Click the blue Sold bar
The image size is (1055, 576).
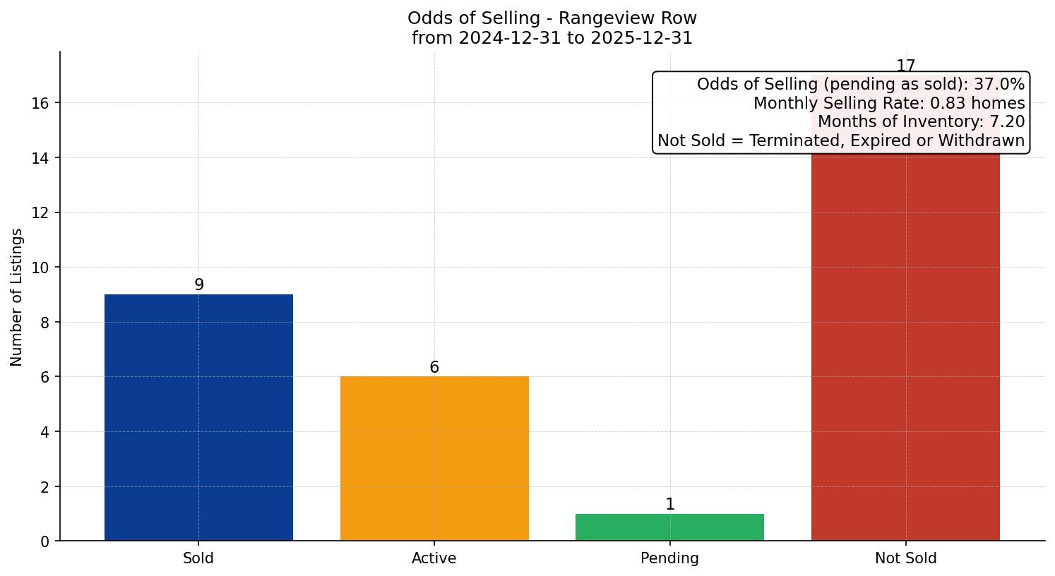pyautogui.click(x=198, y=417)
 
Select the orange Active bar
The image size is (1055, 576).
pyautogui.click(x=434, y=458)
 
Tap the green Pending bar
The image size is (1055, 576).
pyautogui.click(x=669, y=527)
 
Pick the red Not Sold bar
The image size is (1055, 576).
pyautogui.click(x=905, y=346)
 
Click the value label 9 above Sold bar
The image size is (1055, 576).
pyautogui.click(x=199, y=284)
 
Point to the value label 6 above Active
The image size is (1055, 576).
pyautogui.click(x=434, y=367)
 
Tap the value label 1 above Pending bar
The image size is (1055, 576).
pyautogui.click(x=670, y=504)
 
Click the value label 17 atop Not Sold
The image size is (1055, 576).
pyautogui.click(x=905, y=66)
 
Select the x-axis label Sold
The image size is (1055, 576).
pyautogui.click(x=198, y=558)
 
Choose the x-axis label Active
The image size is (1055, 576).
pyautogui.click(x=434, y=558)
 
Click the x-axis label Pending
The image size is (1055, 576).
pyautogui.click(x=669, y=558)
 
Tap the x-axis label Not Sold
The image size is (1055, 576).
pyautogui.click(x=905, y=558)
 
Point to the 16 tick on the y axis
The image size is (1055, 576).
pyautogui.click(x=40, y=103)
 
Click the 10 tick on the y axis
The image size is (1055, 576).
pyautogui.click(x=40, y=268)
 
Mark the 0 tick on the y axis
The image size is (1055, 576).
pyautogui.click(x=45, y=541)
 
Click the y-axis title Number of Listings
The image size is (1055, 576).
pyautogui.click(x=16, y=296)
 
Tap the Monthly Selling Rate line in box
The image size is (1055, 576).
pyautogui.click(x=888, y=103)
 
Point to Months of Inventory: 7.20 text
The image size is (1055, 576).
pyautogui.click(x=921, y=121)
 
